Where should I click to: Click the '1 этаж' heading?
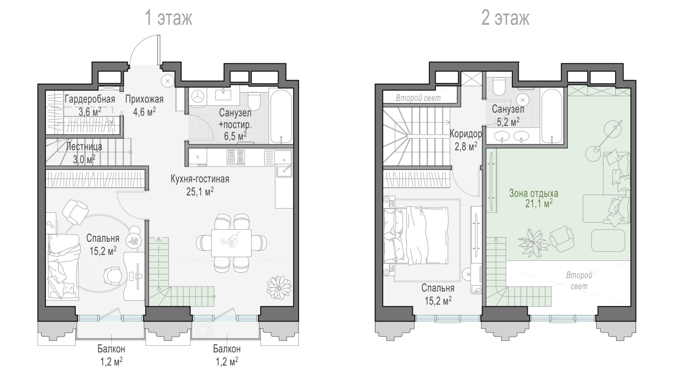pyautogui.click(x=168, y=18)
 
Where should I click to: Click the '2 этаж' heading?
pyautogui.click(x=505, y=18)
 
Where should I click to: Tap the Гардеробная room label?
pyautogui.click(x=90, y=99)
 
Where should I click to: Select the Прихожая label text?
pyautogui.click(x=144, y=99)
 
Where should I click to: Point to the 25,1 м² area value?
pyautogui.click(x=200, y=192)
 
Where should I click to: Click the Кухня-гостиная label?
pyautogui.click(x=200, y=179)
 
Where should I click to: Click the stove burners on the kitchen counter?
pyautogui.click(x=235, y=157)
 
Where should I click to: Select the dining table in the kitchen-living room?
pyautogui.click(x=231, y=243)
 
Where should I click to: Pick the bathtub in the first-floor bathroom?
pyautogui.click(x=281, y=116)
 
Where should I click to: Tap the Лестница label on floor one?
pyautogui.click(x=84, y=146)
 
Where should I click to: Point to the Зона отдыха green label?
pyautogui.click(x=533, y=193)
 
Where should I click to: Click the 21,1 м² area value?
pyautogui.click(x=539, y=204)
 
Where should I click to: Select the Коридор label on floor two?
pyautogui.click(x=465, y=134)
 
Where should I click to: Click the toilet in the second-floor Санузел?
pyautogui.click(x=500, y=86)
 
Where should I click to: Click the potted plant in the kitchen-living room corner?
pyautogui.click(x=279, y=288)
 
